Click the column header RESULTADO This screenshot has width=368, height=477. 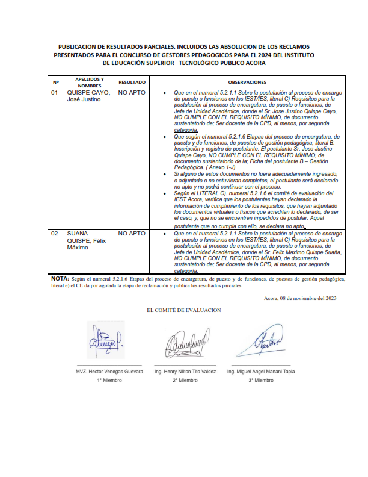pos(132,82)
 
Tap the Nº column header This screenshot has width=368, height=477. pos(55,82)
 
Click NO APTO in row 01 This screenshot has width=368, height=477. pos(131,93)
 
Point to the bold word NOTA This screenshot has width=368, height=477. pos(60,279)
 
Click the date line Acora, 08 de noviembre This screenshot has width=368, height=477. pos(299,298)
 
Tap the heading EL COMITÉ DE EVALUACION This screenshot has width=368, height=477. pos(184,310)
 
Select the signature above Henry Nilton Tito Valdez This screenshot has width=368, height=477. pos(185,346)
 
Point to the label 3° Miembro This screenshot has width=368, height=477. pos(260,381)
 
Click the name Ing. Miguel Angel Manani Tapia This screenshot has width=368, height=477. pos(260,372)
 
